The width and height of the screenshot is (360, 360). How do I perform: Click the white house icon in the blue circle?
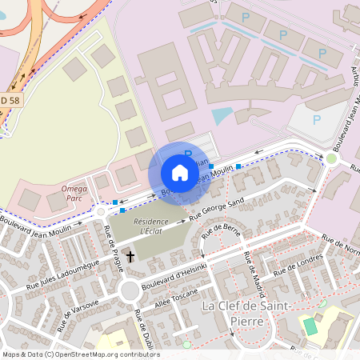tap(180, 172)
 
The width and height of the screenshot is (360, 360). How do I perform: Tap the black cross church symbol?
tap(130, 259)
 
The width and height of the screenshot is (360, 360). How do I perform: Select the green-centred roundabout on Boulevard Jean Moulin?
tap(331, 158)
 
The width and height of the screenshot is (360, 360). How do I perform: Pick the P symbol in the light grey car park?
tap(317, 120)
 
